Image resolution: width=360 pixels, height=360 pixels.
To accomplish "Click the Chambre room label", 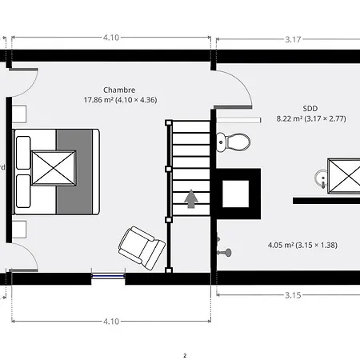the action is pyautogui.click(x=119, y=90).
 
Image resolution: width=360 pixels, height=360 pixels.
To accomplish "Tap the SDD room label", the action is pyautogui.click(x=310, y=109).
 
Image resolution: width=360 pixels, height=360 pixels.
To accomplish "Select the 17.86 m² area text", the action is pyautogui.click(x=97, y=100).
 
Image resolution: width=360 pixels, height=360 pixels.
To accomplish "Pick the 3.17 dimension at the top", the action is pyautogui.click(x=293, y=39).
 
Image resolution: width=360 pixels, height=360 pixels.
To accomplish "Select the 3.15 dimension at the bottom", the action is pyautogui.click(x=293, y=295).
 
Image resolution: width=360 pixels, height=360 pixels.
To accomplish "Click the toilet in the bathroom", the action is pyautogui.click(x=234, y=142).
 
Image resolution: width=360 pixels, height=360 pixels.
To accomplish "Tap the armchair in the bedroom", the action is pyautogui.click(x=142, y=248).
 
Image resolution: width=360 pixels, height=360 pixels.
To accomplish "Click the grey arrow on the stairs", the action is pyautogui.click(x=191, y=198).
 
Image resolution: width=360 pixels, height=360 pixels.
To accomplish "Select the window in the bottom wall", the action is pyautogui.click(x=108, y=276).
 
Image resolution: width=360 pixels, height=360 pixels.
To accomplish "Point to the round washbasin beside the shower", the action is pyautogui.click(x=322, y=178).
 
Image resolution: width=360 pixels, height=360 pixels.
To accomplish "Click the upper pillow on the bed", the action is pyautogui.click(x=23, y=153).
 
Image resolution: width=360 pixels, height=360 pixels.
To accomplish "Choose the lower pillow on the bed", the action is pyautogui.click(x=23, y=191).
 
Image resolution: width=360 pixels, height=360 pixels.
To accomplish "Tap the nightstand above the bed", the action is pyautogui.click(x=19, y=114).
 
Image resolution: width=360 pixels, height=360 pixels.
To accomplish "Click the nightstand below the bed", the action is pyautogui.click(x=19, y=230).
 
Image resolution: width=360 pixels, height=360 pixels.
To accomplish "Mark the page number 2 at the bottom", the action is pyautogui.click(x=185, y=355).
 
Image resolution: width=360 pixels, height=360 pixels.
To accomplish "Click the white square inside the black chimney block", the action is pyautogui.click(x=236, y=194).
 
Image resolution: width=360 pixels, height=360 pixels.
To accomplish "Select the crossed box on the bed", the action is pyautogui.click(x=54, y=168).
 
